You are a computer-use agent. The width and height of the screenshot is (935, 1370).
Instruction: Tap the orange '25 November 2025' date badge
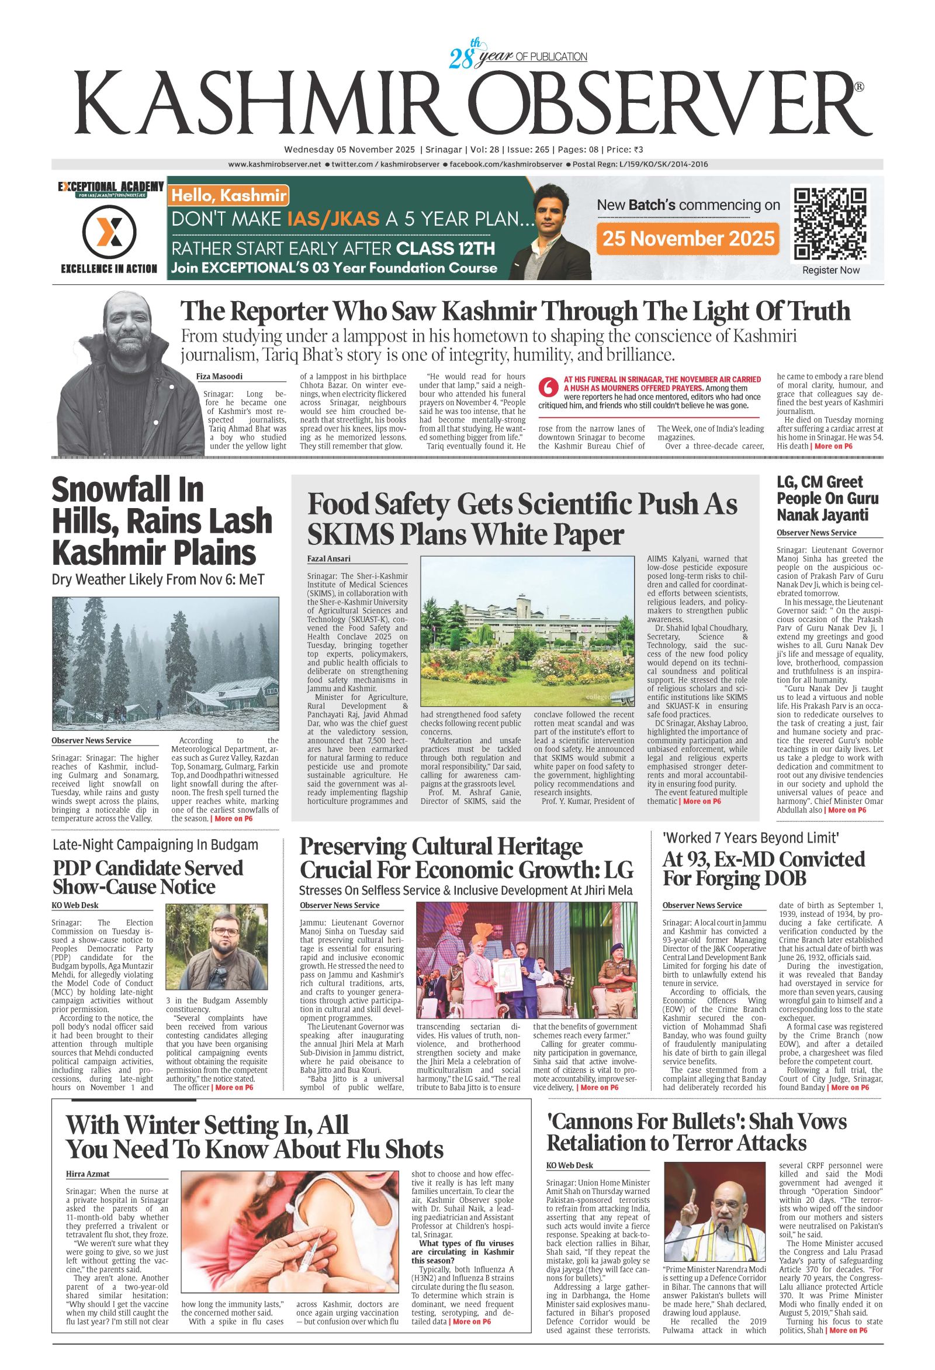click(687, 239)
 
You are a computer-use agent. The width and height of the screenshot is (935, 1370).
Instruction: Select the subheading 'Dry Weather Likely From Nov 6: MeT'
click(158, 579)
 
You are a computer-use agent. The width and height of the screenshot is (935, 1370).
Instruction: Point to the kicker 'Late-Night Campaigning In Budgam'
click(155, 844)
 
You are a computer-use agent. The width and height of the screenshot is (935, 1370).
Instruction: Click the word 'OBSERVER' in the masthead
click(659, 103)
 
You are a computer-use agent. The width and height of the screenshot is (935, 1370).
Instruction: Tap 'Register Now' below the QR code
click(830, 270)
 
